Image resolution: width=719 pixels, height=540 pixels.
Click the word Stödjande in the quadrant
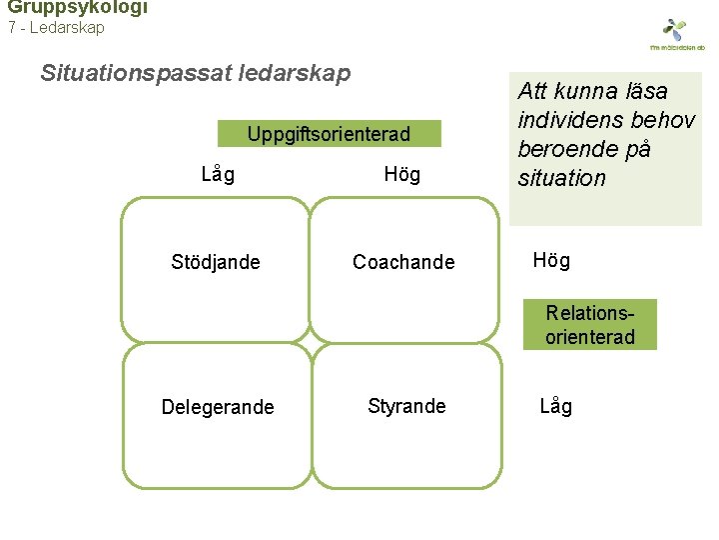(x=216, y=263)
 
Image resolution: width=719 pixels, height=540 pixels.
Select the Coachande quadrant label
(x=403, y=263)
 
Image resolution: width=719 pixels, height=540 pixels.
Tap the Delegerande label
(x=218, y=407)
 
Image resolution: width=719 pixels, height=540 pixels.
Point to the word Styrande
(x=406, y=406)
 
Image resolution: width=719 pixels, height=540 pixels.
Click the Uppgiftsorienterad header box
(x=329, y=134)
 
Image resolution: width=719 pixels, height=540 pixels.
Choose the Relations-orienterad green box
(x=590, y=325)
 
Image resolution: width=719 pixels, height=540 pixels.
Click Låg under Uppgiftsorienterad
(x=218, y=175)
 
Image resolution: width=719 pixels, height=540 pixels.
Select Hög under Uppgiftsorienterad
(x=402, y=176)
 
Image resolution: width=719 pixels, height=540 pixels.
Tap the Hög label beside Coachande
(x=551, y=261)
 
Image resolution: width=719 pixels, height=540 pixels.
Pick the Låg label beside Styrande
(x=556, y=406)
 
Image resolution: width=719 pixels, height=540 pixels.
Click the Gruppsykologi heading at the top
(x=77, y=7)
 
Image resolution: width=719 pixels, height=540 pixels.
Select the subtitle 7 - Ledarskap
(x=56, y=28)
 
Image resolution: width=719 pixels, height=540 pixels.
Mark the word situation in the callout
(x=562, y=178)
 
